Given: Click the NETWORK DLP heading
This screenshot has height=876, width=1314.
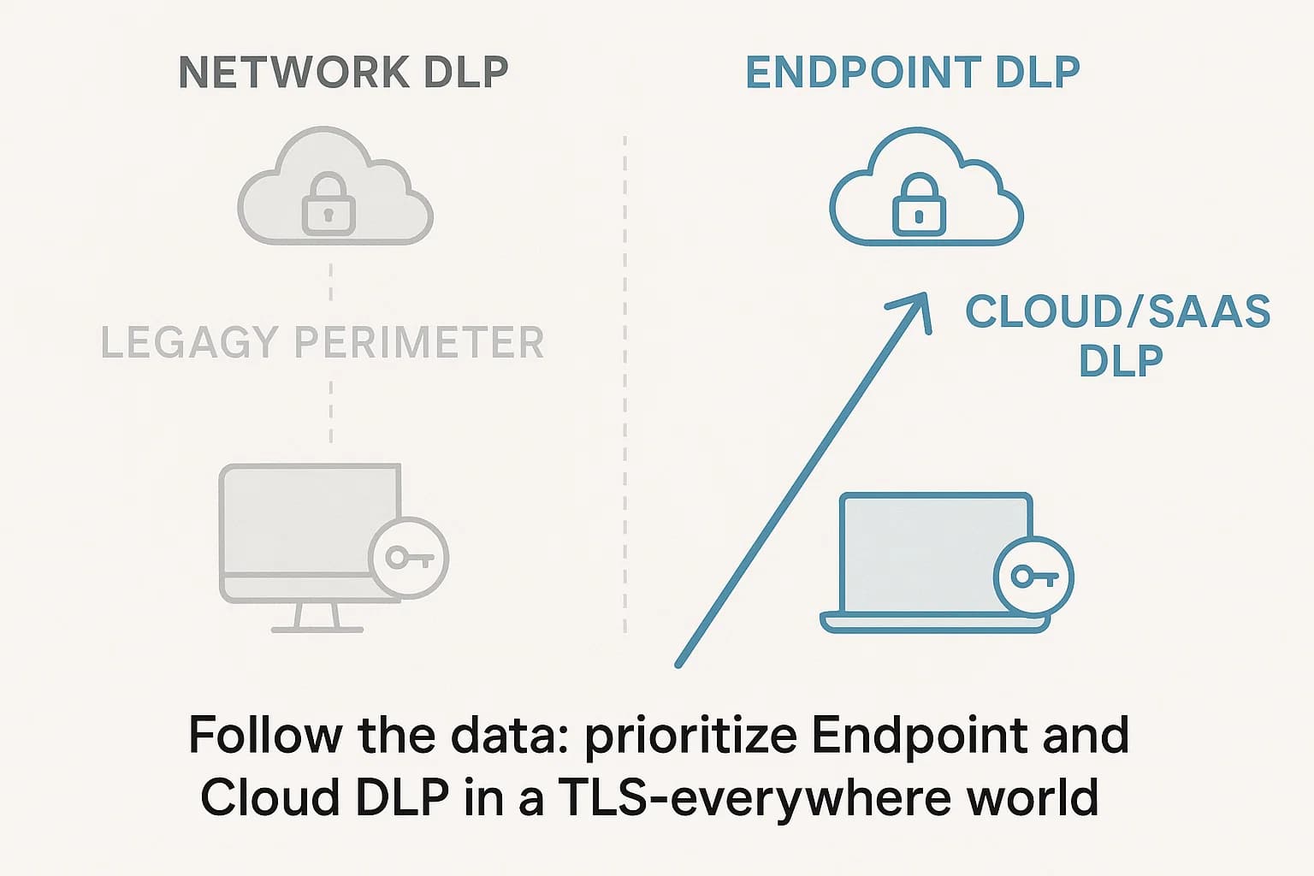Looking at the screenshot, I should pos(344,73).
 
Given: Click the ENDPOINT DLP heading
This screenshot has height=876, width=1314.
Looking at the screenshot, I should pos(913,73).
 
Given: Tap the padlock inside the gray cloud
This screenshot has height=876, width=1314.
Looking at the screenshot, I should pos(328,204).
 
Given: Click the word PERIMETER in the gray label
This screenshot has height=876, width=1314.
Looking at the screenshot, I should pos(419,342).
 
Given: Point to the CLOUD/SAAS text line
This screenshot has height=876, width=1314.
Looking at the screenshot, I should pos(1117,311).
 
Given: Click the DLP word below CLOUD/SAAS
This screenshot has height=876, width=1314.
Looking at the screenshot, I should pos(1121,361).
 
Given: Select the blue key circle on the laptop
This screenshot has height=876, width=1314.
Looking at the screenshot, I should pos(1034,577).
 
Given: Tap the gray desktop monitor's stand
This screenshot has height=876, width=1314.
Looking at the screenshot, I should pos(317,619).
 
